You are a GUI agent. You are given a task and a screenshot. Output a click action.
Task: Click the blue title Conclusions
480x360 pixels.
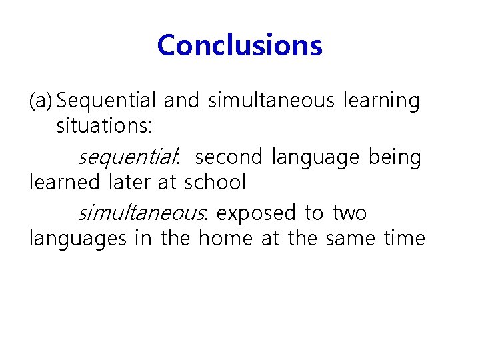click(x=240, y=46)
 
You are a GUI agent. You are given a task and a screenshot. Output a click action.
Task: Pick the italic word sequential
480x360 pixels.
click(x=127, y=158)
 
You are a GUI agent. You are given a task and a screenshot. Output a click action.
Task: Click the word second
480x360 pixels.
click(x=230, y=158)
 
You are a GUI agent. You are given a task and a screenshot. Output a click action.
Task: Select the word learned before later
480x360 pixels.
click(x=64, y=181)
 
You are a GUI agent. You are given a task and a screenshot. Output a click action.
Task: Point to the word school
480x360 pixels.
click(x=215, y=181)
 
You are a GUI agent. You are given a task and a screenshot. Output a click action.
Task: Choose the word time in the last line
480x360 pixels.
click(x=404, y=237)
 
